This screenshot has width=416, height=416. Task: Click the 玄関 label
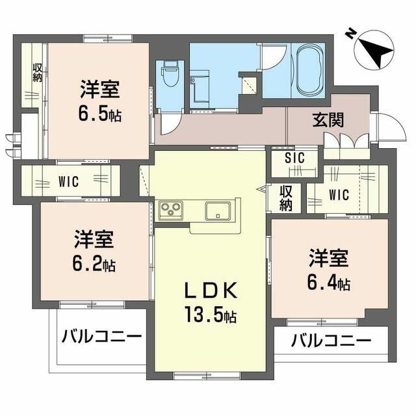click(x=328, y=120)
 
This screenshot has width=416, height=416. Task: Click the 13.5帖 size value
click(x=210, y=317)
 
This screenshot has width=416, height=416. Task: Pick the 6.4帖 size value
click(x=329, y=284)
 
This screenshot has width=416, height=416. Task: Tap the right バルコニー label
click(x=331, y=339)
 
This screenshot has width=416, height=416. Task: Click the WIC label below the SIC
click(x=339, y=194)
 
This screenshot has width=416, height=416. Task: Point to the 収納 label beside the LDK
click(x=287, y=199)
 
